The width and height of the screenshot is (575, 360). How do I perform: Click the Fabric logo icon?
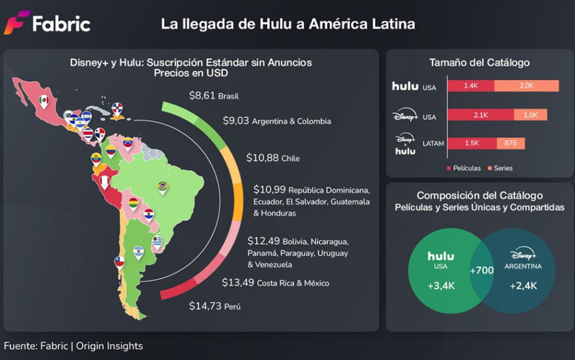click(x=16, y=22)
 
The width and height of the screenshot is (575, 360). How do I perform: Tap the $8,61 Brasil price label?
click(x=214, y=95)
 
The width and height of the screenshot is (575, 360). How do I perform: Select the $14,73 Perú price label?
click(x=215, y=306)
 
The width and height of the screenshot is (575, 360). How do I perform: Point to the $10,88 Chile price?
click(x=272, y=158)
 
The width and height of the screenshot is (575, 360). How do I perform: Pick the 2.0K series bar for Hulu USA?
click(x=526, y=86)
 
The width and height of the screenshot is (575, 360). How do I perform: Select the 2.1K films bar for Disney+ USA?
click(x=480, y=115)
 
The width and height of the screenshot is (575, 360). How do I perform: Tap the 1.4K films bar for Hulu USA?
click(x=471, y=86)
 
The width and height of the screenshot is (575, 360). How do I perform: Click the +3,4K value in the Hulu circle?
click(x=441, y=285)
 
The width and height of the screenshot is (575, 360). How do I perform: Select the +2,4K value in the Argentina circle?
click(x=522, y=285)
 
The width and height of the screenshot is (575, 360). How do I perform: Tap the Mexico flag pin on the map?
click(x=44, y=101)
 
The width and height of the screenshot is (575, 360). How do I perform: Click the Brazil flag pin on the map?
click(x=162, y=187)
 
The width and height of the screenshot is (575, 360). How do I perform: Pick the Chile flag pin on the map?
click(x=119, y=261)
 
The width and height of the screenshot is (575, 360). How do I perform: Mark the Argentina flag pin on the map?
click(x=138, y=252)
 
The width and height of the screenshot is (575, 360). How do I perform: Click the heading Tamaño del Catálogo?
click(x=479, y=62)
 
